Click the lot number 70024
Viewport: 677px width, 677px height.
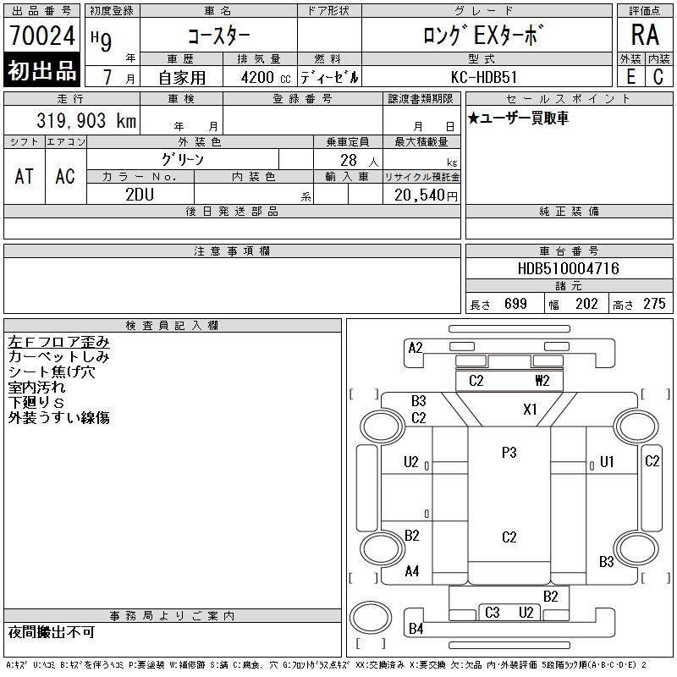(x=41, y=36)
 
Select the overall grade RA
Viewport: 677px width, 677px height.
(x=645, y=36)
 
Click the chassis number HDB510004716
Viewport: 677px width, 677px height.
(x=568, y=268)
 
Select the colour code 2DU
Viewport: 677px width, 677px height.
(x=140, y=194)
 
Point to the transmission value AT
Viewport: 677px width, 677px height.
(x=25, y=176)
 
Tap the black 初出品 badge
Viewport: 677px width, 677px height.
(x=41, y=72)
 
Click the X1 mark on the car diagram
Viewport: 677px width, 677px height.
(x=530, y=410)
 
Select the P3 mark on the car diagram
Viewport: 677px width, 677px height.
(x=509, y=453)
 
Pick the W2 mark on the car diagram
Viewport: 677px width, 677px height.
(x=542, y=381)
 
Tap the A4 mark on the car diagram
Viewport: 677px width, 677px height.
(x=412, y=571)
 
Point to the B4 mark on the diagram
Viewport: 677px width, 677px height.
(x=416, y=629)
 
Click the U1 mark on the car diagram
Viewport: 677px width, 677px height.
(x=606, y=462)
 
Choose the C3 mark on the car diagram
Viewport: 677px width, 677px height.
(x=493, y=613)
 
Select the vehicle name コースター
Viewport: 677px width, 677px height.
(x=217, y=36)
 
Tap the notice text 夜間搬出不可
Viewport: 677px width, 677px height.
(x=52, y=632)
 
